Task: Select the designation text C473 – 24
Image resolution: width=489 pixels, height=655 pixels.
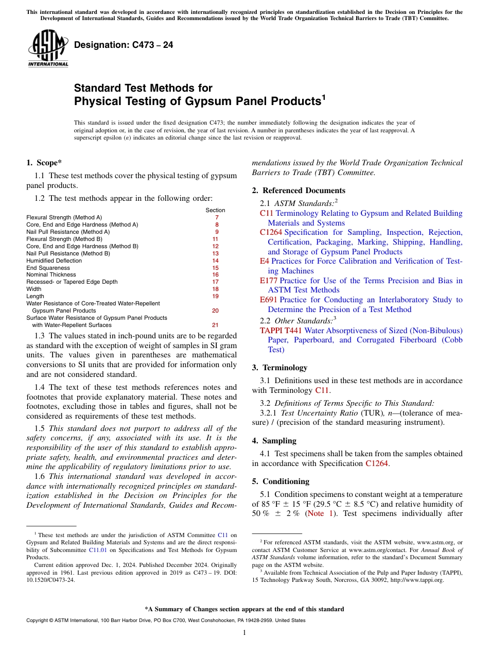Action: (124, 45)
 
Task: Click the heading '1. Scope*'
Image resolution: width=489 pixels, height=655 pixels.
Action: (44, 163)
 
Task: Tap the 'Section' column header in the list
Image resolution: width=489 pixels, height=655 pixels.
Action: (215, 210)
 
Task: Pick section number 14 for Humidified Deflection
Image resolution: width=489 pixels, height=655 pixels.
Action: (215, 261)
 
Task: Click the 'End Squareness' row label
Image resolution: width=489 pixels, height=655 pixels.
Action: (48, 268)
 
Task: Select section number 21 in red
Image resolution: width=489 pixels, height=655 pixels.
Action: (215, 325)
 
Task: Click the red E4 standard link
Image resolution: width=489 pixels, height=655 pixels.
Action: (265, 262)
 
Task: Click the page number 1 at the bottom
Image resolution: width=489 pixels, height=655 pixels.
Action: (244, 633)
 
